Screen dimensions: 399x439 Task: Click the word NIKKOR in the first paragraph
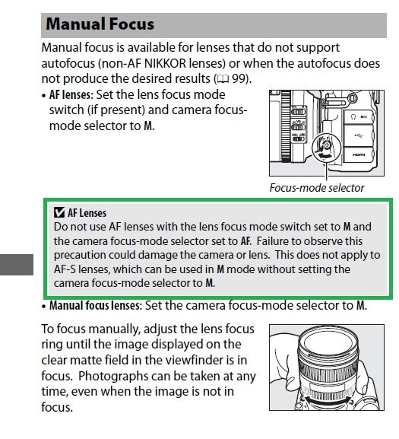(165, 64)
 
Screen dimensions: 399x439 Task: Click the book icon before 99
(223, 80)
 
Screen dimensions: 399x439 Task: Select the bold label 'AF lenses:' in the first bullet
(71, 95)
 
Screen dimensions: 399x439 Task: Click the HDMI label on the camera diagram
(359, 154)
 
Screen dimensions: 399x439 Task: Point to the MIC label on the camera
(364, 116)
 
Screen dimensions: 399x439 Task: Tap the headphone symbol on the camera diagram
(353, 116)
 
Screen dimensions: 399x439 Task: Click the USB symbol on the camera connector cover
(359, 135)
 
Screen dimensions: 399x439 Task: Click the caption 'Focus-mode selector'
(317, 188)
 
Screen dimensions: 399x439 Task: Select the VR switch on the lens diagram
(299, 127)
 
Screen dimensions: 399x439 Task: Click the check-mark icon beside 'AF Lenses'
(59, 213)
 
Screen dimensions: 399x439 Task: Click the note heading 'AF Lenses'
(87, 213)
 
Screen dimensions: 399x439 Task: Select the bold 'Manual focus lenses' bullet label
(94, 305)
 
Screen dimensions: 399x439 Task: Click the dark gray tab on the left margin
(17, 265)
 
